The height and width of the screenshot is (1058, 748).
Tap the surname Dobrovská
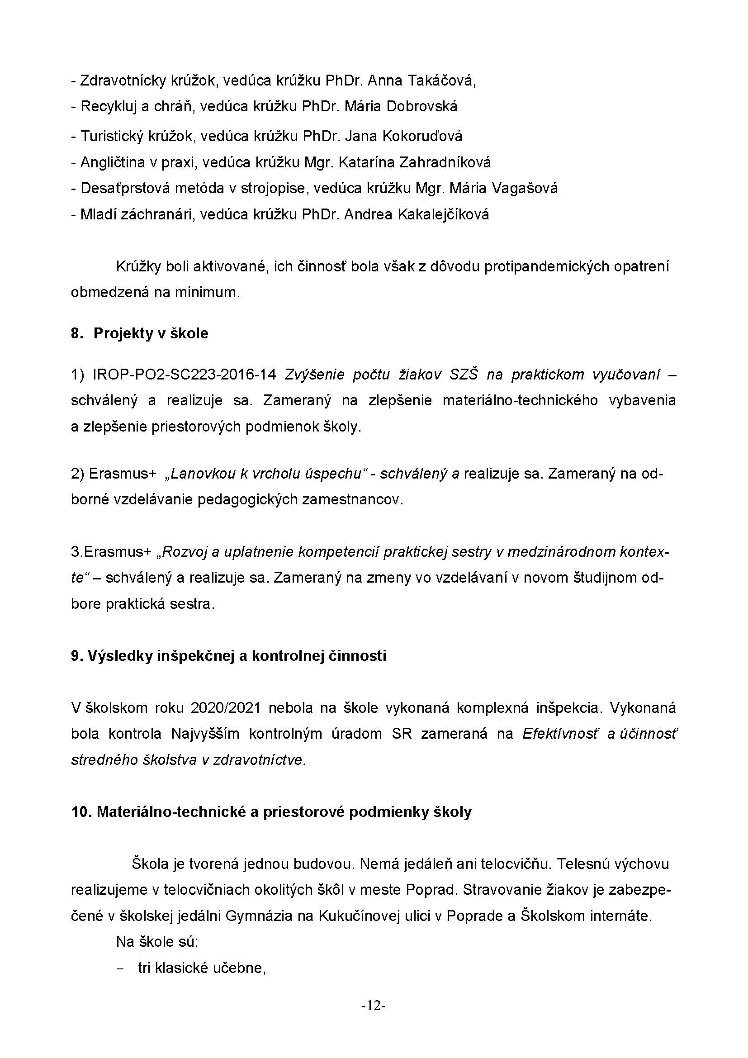[422, 107]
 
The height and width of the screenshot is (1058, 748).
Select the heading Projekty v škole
[151, 334]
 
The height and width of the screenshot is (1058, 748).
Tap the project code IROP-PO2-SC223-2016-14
[184, 375]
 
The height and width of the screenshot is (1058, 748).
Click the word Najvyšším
[205, 734]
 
